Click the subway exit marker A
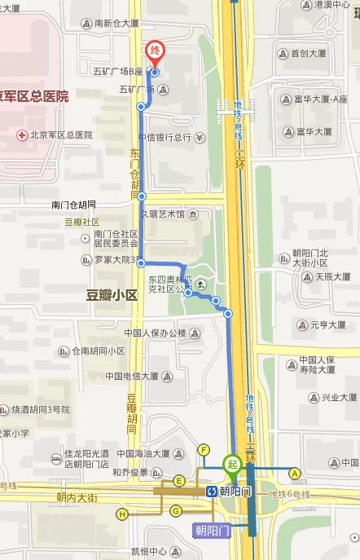tap(295, 472)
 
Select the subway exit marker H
tap(122, 514)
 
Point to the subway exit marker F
tap(204, 450)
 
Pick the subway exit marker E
tap(178, 481)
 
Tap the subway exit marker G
tap(175, 510)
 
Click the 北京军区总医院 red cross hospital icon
tap(21, 134)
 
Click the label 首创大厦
tap(308, 55)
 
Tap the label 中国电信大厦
tap(135, 376)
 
